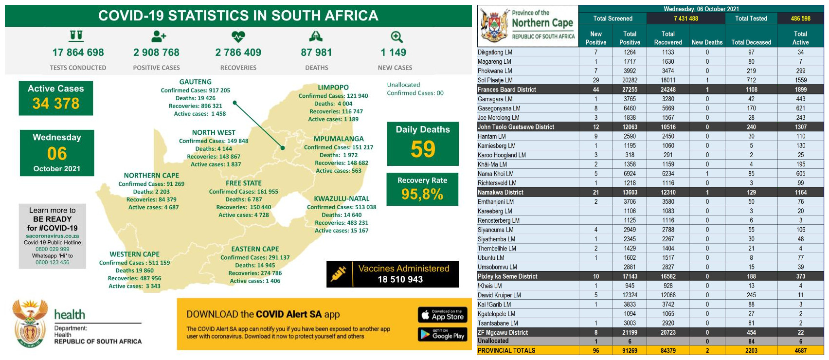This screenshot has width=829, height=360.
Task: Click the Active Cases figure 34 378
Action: (x=56, y=104)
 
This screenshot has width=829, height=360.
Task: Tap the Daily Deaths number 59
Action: (x=423, y=149)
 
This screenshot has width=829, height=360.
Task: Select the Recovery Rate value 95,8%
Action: (x=422, y=195)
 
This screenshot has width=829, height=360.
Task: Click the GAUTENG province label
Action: (x=195, y=82)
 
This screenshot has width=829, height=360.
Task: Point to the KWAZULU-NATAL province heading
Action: (x=342, y=198)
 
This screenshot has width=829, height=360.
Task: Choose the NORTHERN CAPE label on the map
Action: (x=151, y=176)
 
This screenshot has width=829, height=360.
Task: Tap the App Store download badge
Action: (x=443, y=315)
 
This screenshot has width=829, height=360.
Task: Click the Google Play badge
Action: (x=443, y=334)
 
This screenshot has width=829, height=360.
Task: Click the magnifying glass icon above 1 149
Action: (x=396, y=37)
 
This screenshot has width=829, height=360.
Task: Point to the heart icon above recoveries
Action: (x=238, y=36)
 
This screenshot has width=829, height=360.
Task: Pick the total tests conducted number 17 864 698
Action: (x=78, y=53)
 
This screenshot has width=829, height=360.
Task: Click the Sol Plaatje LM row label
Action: (x=495, y=80)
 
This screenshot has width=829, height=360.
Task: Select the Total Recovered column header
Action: (x=668, y=38)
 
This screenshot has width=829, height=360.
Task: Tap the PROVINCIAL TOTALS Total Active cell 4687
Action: (x=800, y=350)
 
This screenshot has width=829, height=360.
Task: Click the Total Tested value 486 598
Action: (x=800, y=18)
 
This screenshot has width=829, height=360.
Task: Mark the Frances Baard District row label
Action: (x=507, y=90)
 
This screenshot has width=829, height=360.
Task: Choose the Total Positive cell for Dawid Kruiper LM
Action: (x=630, y=295)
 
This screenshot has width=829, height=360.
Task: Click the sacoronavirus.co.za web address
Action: (x=53, y=236)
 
